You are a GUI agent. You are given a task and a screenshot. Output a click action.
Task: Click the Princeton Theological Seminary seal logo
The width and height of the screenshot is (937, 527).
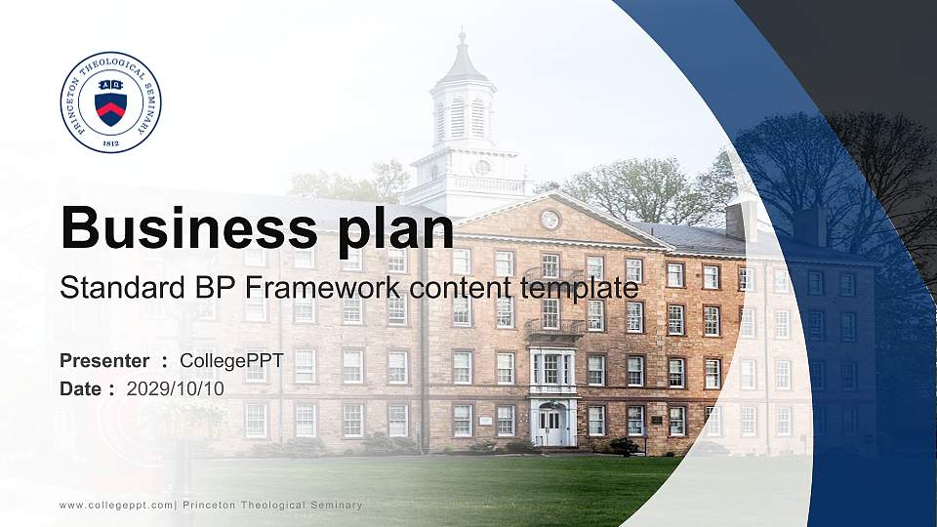111,102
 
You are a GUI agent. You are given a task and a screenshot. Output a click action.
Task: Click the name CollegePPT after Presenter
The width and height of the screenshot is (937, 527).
231,361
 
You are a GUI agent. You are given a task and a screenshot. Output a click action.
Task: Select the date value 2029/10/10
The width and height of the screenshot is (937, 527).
176,388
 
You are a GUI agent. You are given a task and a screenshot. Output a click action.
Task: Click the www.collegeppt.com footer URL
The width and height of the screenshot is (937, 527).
116,506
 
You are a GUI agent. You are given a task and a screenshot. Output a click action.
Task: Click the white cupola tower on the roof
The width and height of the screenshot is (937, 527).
463,122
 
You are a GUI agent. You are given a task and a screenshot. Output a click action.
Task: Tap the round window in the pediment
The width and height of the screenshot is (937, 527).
550,220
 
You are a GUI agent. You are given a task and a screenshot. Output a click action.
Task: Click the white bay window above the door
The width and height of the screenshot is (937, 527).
552,370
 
